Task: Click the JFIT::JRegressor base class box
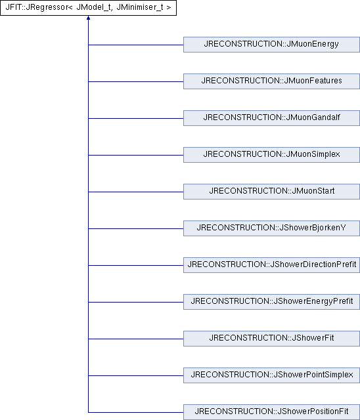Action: (x=88, y=7)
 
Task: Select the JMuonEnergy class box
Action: (x=271, y=45)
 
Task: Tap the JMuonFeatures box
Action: (x=271, y=81)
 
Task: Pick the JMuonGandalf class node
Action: (x=271, y=118)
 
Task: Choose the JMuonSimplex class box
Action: (x=271, y=155)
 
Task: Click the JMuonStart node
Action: (x=271, y=191)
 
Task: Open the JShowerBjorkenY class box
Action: (x=271, y=228)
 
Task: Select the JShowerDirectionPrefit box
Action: (x=271, y=265)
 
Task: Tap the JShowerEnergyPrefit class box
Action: (x=271, y=302)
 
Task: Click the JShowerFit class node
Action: (x=271, y=339)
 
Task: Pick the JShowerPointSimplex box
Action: (x=271, y=375)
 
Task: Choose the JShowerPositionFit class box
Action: (x=271, y=411)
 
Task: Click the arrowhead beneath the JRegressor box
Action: (x=88, y=18)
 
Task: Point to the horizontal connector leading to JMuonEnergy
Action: (x=135, y=45)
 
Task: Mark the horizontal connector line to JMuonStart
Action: (x=135, y=192)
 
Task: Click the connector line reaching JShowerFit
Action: (x=135, y=339)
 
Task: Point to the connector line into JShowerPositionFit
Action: (x=135, y=412)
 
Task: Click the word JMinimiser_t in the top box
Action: (x=140, y=7)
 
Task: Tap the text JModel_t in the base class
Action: (x=93, y=7)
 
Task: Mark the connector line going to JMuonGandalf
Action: (x=135, y=118)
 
